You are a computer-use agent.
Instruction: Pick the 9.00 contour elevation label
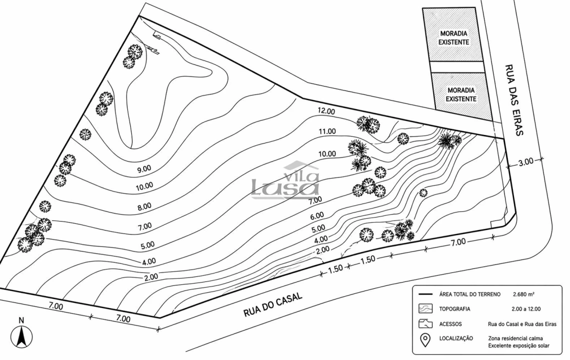(144, 169)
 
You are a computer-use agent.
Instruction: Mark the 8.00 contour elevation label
(144, 206)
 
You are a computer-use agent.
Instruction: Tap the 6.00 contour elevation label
(317, 216)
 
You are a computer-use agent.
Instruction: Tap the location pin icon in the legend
(425, 340)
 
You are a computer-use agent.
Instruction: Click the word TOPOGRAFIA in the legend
(454, 309)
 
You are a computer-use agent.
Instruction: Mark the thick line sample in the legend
(425, 294)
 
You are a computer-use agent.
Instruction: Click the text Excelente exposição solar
(519, 346)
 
